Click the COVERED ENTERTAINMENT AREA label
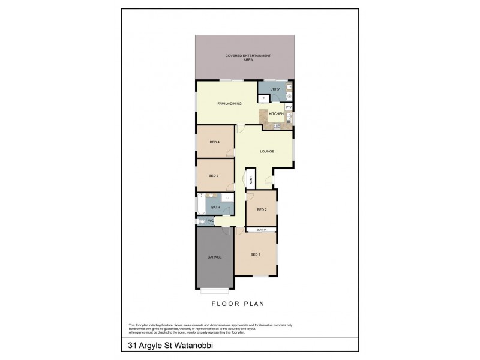coord(248,57)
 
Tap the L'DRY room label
coord(275,89)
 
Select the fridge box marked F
coord(263,98)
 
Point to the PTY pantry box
coord(289,107)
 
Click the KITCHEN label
coord(276,113)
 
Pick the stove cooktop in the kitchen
coord(277,125)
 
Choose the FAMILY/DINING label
coord(229,104)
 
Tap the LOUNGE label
coord(267,151)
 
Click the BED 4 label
coord(214,142)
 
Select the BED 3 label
coord(213,176)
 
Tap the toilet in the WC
coord(203,221)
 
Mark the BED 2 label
coord(261,209)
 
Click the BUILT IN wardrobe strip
coord(261,229)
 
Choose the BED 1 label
coord(256,255)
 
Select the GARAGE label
coord(214,257)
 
